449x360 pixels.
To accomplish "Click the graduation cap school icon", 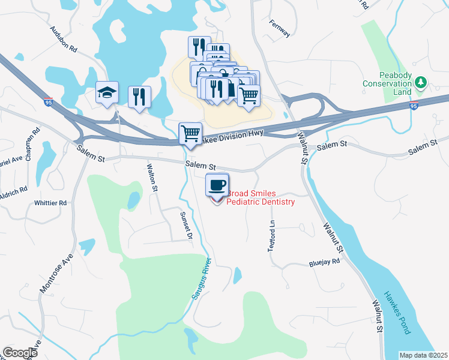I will point(107,93).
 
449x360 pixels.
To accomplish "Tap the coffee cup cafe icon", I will point(217,184).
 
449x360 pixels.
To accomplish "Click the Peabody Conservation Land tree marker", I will point(421,82).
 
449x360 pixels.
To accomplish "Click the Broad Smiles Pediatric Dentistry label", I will point(261,198).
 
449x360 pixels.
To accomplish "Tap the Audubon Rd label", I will point(64,39).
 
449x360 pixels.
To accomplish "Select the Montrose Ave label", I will point(56,274).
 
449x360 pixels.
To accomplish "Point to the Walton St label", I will point(153,177).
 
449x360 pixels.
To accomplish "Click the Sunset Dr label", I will point(185,225).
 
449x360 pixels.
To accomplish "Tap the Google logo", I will point(20,353).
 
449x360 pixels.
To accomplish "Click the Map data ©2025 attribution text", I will point(423,355).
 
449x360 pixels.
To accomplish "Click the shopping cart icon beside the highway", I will point(191,133).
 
